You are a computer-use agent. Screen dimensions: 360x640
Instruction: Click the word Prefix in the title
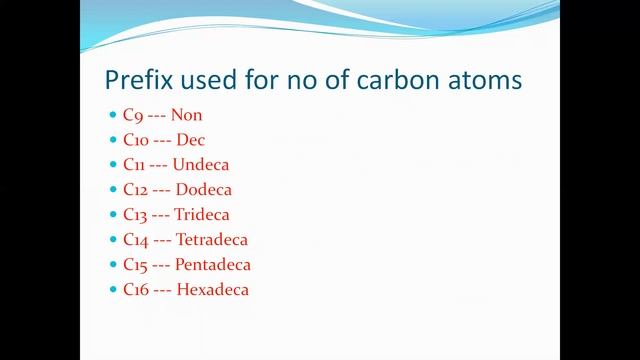click(136, 80)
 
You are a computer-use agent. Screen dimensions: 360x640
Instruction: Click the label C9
click(131, 115)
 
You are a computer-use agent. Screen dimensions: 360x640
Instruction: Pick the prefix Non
click(187, 115)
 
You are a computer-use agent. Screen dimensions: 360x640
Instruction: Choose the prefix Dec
click(191, 140)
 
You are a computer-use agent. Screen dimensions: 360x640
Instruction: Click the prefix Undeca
click(201, 165)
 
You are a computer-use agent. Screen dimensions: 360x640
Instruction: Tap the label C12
click(135, 190)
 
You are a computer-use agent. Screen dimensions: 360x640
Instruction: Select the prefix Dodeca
click(204, 190)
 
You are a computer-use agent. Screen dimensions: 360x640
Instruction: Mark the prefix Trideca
click(202, 215)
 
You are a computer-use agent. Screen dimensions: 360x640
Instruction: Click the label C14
click(135, 240)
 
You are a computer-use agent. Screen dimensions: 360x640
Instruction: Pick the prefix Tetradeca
click(212, 240)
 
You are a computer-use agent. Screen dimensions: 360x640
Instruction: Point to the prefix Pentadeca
click(212, 265)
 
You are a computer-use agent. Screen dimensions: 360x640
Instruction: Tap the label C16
click(135, 290)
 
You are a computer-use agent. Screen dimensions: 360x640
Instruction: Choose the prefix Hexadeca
click(212, 290)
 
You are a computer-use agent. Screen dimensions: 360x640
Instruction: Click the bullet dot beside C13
click(112, 215)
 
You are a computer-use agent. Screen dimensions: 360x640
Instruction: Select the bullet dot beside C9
click(112, 115)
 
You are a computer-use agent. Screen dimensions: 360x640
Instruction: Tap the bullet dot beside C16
click(112, 290)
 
